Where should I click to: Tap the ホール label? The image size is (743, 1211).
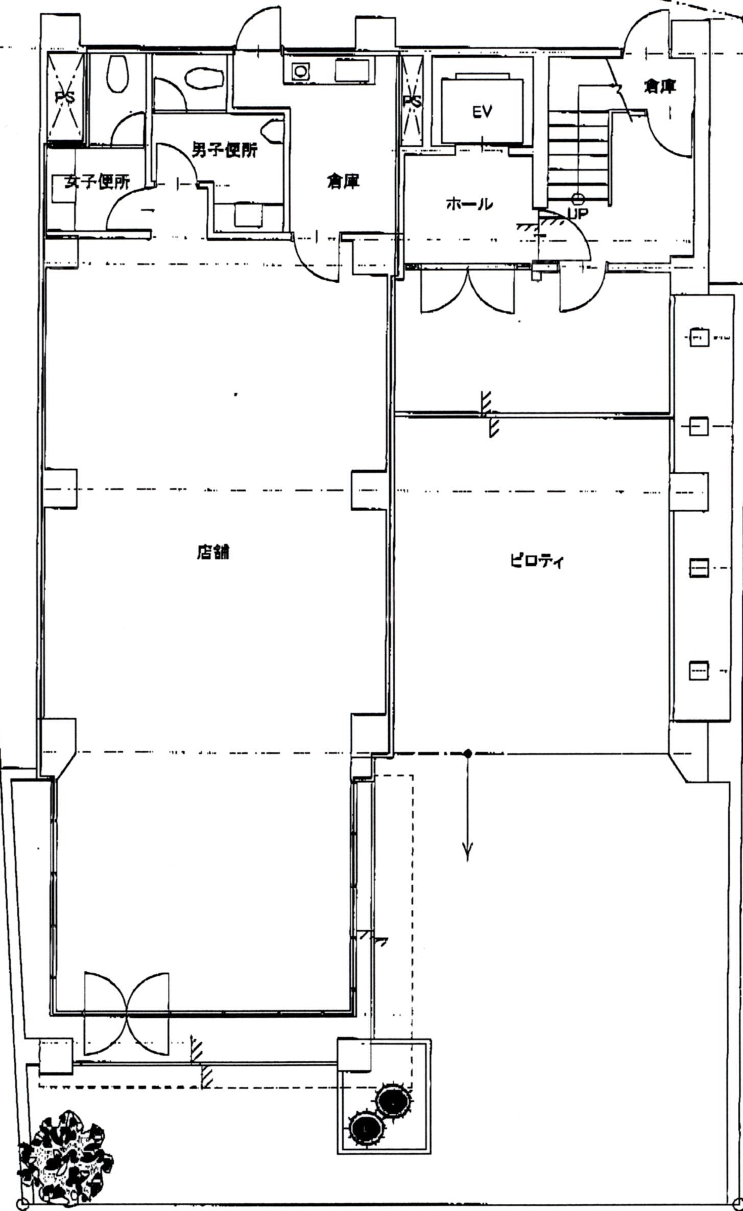click(x=469, y=204)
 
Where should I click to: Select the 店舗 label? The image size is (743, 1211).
click(x=213, y=552)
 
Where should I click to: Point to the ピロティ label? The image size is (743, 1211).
click(x=536, y=562)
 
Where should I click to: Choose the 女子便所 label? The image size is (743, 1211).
click(x=97, y=182)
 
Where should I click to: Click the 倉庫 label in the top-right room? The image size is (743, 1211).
click(x=660, y=87)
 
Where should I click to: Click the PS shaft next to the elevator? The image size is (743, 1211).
click(x=413, y=101)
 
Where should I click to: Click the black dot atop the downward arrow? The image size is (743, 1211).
click(x=467, y=752)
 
